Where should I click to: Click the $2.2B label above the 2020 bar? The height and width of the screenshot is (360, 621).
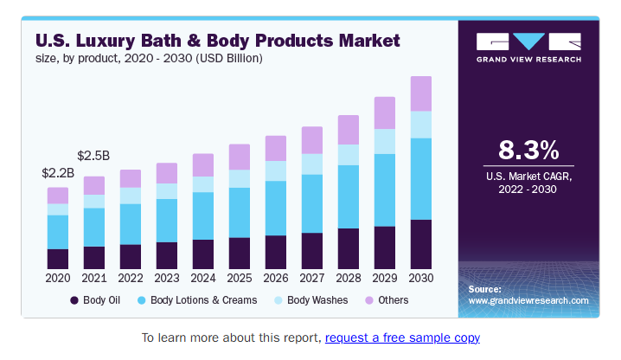pyautogui.click(x=58, y=173)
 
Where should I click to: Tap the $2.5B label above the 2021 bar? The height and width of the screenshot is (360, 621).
pyautogui.click(x=93, y=156)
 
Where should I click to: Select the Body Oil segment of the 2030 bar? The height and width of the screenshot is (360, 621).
pyautogui.click(x=421, y=244)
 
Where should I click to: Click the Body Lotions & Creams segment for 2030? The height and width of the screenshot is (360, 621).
pyautogui.click(x=421, y=178)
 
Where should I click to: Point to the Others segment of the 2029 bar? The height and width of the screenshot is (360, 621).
pyautogui.click(x=385, y=112)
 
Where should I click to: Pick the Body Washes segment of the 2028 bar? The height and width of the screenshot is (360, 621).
pyautogui.click(x=349, y=154)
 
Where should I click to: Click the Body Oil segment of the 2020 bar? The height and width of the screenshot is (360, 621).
pyautogui.click(x=58, y=259)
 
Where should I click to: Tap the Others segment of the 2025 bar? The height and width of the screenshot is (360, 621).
pyautogui.click(x=240, y=157)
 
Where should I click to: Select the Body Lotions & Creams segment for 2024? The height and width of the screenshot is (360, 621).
pyautogui.click(x=203, y=215)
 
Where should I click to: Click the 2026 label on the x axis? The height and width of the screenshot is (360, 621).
pyautogui.click(x=276, y=279)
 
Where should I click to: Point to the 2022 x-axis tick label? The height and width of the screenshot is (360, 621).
pyautogui.click(x=131, y=279)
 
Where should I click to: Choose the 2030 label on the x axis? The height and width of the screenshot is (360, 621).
pyautogui.click(x=421, y=279)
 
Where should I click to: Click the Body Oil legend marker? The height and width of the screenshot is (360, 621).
pyautogui.click(x=75, y=300)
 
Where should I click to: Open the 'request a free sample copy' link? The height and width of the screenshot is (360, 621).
pyautogui.click(x=402, y=337)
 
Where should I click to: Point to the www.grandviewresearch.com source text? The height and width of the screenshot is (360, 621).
pyautogui.click(x=528, y=300)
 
